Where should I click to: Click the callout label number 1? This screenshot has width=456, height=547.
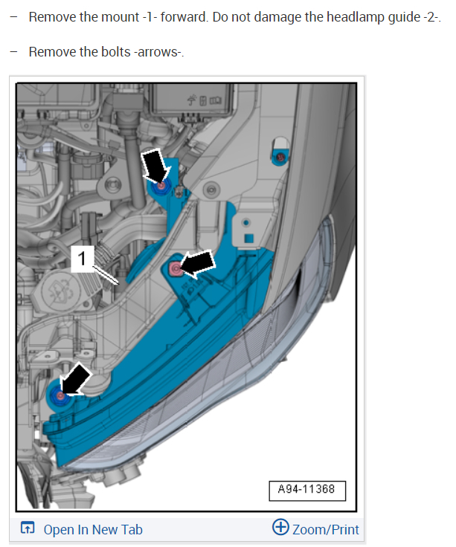(x=82, y=259)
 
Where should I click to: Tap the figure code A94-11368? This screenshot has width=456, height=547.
(x=306, y=489)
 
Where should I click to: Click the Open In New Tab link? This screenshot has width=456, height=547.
(x=93, y=530)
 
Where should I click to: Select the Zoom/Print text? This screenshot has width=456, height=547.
(x=325, y=530)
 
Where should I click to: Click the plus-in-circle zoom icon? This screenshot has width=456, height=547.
(x=280, y=527)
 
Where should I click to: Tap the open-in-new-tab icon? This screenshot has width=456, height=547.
(x=28, y=528)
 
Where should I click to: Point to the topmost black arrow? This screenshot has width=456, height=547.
(x=155, y=166)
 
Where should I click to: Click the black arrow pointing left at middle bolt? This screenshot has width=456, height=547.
(x=198, y=265)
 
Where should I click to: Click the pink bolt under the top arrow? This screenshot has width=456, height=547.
(x=161, y=186)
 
